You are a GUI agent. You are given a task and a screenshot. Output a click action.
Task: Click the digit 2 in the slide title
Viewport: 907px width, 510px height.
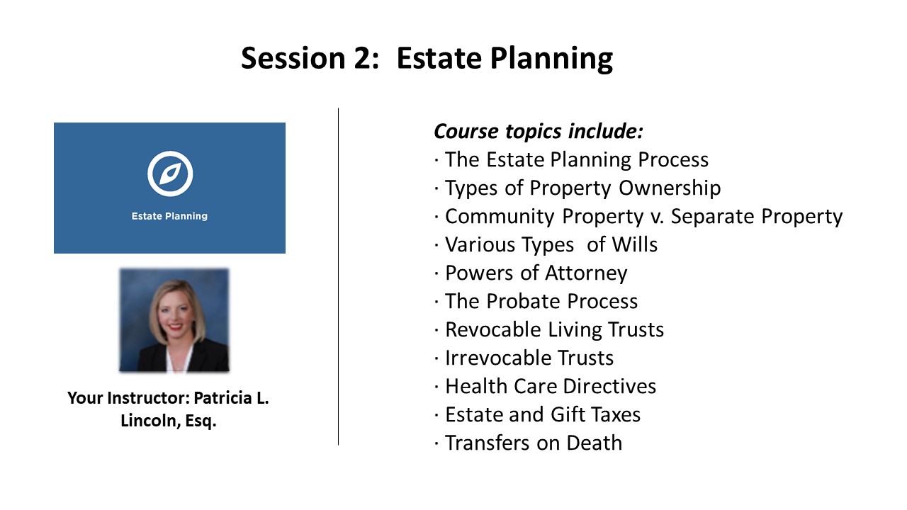coord(361,58)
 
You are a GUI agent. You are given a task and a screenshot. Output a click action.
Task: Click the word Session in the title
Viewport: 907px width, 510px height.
coord(293,58)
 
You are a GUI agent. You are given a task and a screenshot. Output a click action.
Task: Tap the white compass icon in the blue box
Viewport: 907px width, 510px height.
coord(170,174)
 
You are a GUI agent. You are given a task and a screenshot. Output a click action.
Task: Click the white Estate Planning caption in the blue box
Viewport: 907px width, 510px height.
coord(169,216)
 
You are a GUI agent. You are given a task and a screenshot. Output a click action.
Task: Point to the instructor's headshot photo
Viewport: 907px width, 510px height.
coord(174,319)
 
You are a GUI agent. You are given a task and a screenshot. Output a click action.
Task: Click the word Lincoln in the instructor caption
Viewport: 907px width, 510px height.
coord(150,421)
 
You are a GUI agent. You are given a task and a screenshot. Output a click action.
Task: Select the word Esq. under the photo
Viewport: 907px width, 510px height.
coord(201,421)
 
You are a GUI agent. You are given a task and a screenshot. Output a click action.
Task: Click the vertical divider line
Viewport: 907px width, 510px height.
coord(338,276)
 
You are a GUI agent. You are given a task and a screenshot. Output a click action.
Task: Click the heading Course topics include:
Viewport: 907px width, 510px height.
coord(538,131)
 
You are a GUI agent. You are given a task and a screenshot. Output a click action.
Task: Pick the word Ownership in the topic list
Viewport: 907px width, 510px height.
coord(670,188)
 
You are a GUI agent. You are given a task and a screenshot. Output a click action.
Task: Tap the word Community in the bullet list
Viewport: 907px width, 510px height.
coord(500,216)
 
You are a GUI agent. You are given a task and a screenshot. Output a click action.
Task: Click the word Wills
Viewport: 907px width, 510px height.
coord(634,244)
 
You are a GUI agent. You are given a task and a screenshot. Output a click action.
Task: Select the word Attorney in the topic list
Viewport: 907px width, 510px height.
coord(586,273)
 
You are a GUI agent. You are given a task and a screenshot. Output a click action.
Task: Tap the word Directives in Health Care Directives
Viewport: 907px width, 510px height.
coord(609,386)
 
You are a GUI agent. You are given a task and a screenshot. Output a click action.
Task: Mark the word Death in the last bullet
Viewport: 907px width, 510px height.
coord(594,443)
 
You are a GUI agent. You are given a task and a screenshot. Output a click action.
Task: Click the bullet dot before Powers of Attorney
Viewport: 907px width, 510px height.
coord(436,273)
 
